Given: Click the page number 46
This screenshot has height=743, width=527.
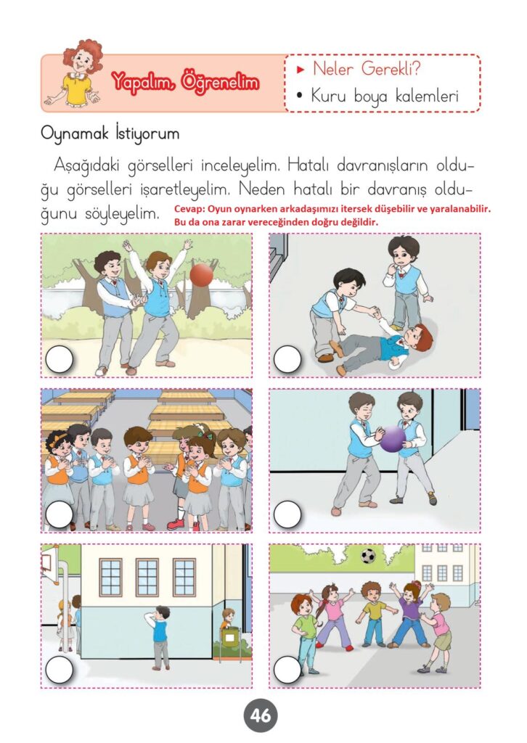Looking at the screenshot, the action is click(x=261, y=715).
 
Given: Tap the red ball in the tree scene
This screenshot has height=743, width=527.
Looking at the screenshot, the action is click(x=201, y=275).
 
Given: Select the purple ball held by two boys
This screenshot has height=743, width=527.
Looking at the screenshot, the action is click(x=393, y=439).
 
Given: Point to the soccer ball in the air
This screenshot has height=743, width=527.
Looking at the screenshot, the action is click(x=368, y=556).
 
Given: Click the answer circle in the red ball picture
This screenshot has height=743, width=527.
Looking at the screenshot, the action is click(x=60, y=359).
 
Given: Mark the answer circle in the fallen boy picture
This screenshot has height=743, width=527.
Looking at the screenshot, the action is click(x=287, y=359).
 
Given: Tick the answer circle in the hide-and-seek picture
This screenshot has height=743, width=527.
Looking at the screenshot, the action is click(x=60, y=670).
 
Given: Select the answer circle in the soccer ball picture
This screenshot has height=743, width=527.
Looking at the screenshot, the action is click(x=287, y=670).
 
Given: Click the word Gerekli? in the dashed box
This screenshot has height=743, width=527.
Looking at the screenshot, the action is click(x=391, y=69).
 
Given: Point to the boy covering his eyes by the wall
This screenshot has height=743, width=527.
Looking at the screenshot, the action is click(x=159, y=637).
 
